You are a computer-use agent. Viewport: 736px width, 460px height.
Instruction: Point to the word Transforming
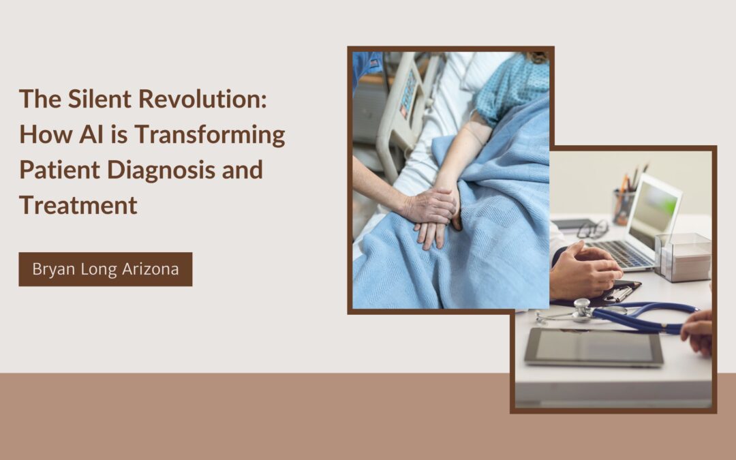pos(209,135)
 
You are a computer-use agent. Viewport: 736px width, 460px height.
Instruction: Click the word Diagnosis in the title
pos(157,170)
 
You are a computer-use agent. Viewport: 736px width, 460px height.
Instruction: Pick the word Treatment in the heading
pos(78,205)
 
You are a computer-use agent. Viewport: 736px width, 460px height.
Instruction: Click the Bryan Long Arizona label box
pos(106,269)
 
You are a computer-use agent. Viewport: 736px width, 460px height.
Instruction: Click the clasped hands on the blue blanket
pos(433,214)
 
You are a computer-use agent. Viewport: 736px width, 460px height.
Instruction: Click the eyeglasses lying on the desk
pos(592,228)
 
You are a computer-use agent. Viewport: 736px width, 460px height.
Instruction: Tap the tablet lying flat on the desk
pos(593,347)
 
